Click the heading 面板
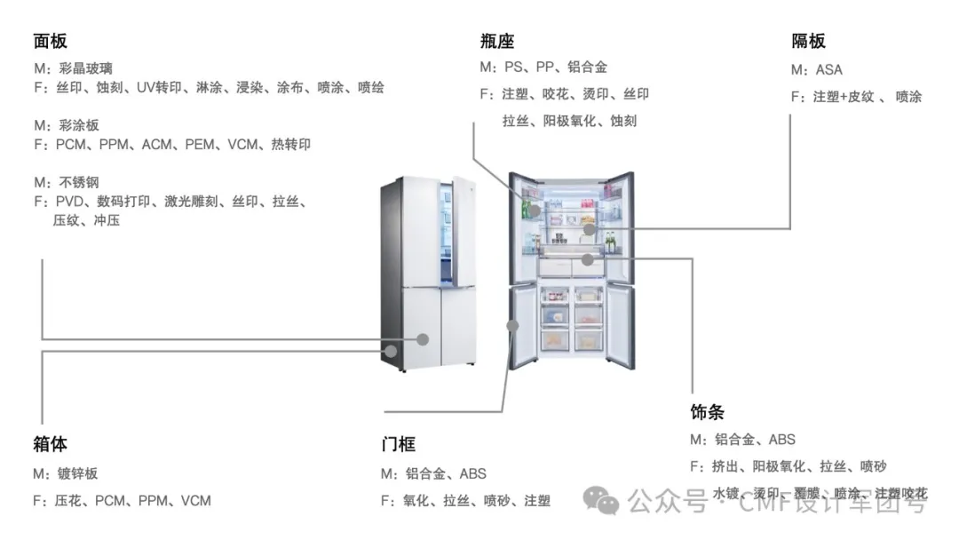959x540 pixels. point(50,41)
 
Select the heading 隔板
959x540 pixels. point(808,41)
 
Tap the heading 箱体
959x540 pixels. point(50,443)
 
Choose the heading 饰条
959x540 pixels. point(707,412)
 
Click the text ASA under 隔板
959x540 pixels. point(828,69)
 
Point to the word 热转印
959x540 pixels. point(290,144)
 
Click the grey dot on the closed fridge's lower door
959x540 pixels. point(424,338)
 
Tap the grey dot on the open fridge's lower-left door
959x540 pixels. point(512,326)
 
